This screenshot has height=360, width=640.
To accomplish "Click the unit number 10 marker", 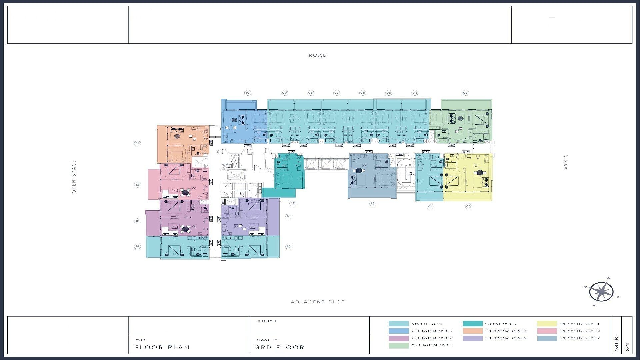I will [247, 93].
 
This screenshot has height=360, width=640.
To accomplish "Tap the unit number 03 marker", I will [465, 93].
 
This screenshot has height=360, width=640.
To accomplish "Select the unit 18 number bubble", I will [373, 203].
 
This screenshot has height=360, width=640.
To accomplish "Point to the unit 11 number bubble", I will [137, 144].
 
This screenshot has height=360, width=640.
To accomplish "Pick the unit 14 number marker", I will [137, 246].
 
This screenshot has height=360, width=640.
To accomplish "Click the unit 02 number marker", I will [469, 206].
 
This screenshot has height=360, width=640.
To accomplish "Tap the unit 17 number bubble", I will [293, 203].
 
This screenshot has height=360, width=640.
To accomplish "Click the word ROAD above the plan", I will [318, 55].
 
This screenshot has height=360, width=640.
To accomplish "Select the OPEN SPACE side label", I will [74, 177].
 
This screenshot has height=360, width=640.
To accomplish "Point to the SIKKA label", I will [566, 162].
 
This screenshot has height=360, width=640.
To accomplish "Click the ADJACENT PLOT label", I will [318, 302].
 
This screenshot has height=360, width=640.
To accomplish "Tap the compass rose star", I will [601, 292].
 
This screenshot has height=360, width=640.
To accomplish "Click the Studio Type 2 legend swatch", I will [472, 324].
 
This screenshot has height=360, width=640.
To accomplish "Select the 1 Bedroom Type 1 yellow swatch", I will [547, 324].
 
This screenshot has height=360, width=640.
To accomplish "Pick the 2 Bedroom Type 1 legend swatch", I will [399, 345].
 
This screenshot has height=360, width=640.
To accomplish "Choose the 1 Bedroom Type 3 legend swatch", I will [472, 331].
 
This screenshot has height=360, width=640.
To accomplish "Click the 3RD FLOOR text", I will [280, 347].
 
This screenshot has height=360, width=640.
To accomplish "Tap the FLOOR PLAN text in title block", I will [162, 347].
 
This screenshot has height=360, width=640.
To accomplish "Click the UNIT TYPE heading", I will [267, 321].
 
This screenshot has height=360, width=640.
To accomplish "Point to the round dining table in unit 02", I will [480, 172].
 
